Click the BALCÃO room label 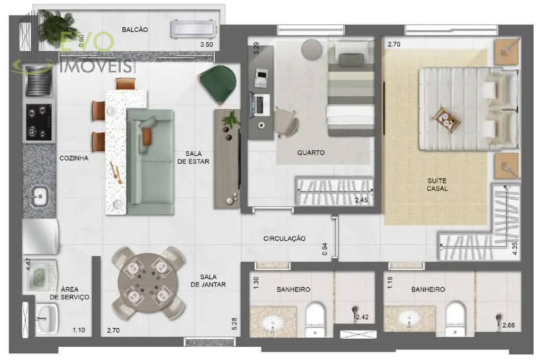coord(135,30)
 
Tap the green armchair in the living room coord(218,83)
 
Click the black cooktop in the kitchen coord(39,122)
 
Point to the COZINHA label coord(74,158)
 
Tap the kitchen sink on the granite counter coord(38,196)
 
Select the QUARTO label coord(311,152)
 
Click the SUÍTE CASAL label coord(437,184)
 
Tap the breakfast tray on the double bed coord(446,120)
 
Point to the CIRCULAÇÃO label coord(284,239)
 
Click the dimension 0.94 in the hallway coord(324,249)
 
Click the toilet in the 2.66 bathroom coord(455,319)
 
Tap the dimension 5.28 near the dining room coord(234,324)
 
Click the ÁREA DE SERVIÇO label coord(70,293)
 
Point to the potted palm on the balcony coord(57,27)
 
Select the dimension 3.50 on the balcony coord(206,45)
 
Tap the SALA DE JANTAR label coord(208,281)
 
